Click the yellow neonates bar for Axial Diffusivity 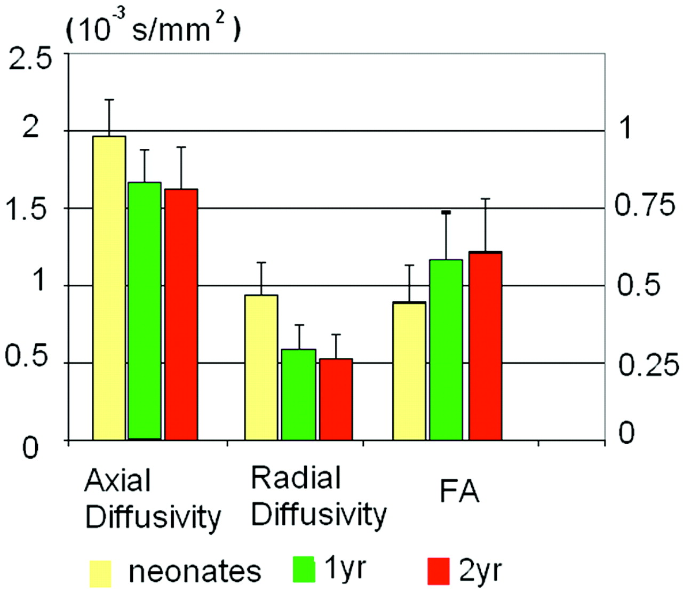[x=109, y=288]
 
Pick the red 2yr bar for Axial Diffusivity [x=181, y=315]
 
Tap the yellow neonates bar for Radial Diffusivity [x=261, y=367]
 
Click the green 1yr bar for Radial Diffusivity [x=299, y=395]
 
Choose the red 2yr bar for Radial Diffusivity [x=336, y=399]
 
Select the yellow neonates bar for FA [x=409, y=371]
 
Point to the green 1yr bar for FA [x=446, y=350]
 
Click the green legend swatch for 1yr [x=305, y=569]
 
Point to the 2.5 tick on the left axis [x=30, y=59]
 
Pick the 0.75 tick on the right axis [x=645, y=205]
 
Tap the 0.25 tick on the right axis [x=648, y=365]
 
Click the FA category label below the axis [x=459, y=492]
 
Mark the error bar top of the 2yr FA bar [x=486, y=199]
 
